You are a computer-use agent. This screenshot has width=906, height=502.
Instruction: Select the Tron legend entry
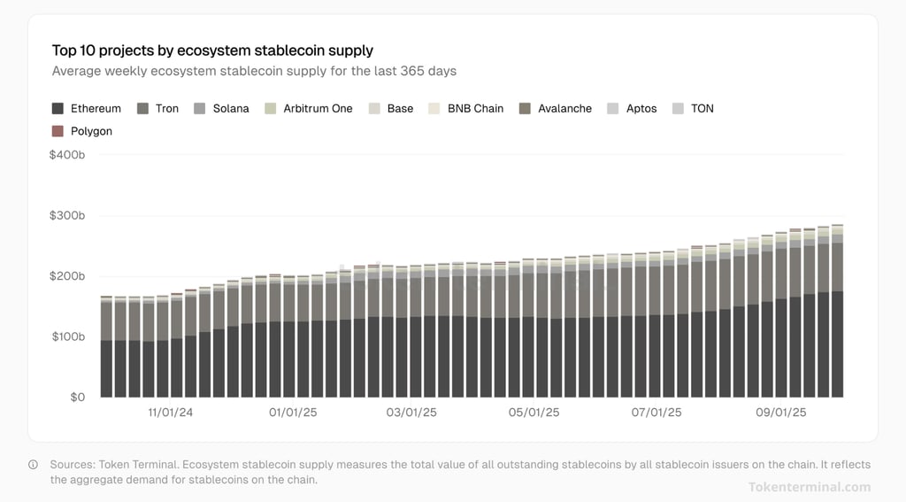(x=158, y=108)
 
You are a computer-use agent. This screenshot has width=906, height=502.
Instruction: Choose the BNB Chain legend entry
(x=465, y=108)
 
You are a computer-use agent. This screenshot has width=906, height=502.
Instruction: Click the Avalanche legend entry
(x=555, y=108)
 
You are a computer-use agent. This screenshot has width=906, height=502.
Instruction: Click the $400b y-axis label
(x=67, y=155)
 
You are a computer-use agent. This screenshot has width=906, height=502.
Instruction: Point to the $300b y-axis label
(x=67, y=216)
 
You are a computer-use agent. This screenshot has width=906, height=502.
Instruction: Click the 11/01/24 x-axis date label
(x=170, y=413)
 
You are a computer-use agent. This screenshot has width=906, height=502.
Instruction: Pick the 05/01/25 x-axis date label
(x=534, y=413)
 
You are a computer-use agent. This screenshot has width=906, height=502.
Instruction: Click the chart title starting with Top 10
(x=212, y=50)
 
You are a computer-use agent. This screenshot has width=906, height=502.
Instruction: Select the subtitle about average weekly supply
(x=254, y=71)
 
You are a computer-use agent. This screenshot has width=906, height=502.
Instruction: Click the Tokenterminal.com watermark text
(x=809, y=486)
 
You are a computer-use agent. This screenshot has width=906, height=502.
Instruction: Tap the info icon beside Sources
(x=34, y=464)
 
